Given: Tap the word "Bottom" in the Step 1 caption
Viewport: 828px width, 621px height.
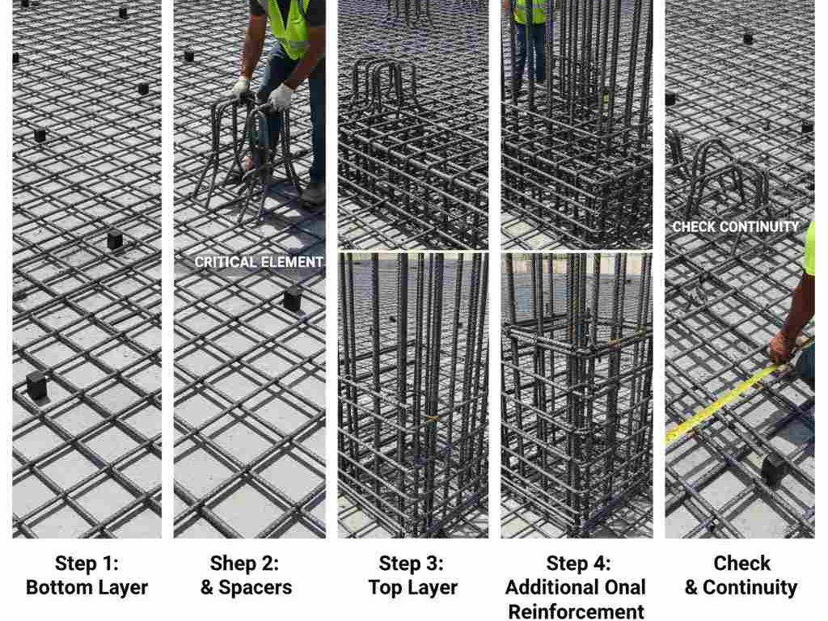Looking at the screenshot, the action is (x=58, y=588).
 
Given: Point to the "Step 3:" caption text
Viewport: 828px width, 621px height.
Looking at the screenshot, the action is (x=411, y=564).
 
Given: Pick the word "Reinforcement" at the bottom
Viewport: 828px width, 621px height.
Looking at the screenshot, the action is (x=576, y=611).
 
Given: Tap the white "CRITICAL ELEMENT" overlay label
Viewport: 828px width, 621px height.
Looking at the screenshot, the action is (x=259, y=263).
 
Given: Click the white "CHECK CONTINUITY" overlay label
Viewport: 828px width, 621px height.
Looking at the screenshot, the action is (x=735, y=227).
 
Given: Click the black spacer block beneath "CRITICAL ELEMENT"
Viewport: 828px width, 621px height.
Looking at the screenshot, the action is (x=292, y=299).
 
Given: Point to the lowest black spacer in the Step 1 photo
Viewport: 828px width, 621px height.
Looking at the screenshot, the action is (x=36, y=386).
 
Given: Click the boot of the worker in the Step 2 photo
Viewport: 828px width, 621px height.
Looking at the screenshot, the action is (x=313, y=194).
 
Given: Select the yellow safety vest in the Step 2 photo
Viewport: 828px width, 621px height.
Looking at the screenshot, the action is (x=289, y=27).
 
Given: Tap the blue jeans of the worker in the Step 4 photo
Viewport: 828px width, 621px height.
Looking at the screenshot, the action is (x=530, y=53).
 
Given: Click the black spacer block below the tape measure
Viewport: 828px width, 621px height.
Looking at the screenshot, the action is (x=774, y=469).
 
